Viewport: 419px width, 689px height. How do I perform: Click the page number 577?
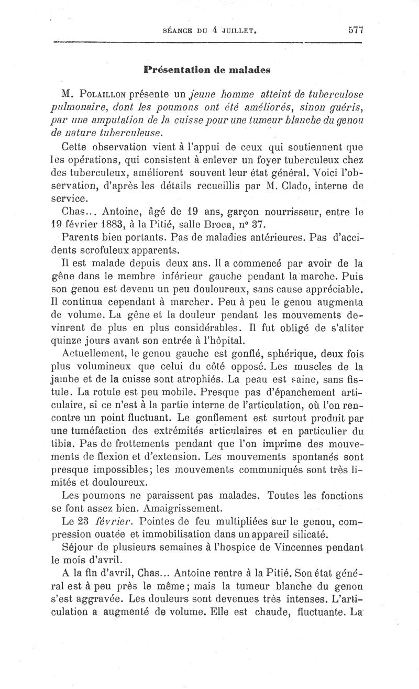(x=355, y=30)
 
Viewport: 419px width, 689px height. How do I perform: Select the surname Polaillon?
(x=107, y=95)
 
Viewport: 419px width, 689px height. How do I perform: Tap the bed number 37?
(x=293, y=224)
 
